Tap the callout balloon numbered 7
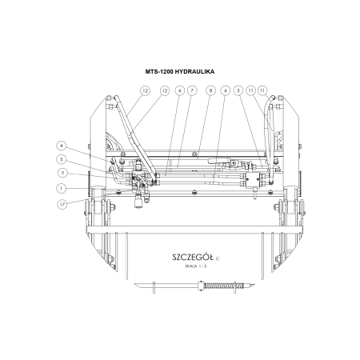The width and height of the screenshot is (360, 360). (x=193, y=90)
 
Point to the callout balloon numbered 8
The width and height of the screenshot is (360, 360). (x=210, y=90)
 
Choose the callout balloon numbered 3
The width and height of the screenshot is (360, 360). (x=238, y=90)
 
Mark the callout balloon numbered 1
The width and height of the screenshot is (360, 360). (x=59, y=189)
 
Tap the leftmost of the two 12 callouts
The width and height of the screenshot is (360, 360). (x=145, y=90)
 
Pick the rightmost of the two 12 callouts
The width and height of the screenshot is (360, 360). (x=165, y=90)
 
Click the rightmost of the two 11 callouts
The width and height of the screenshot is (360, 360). (x=262, y=90)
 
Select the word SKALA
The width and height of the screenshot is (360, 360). (x=192, y=267)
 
